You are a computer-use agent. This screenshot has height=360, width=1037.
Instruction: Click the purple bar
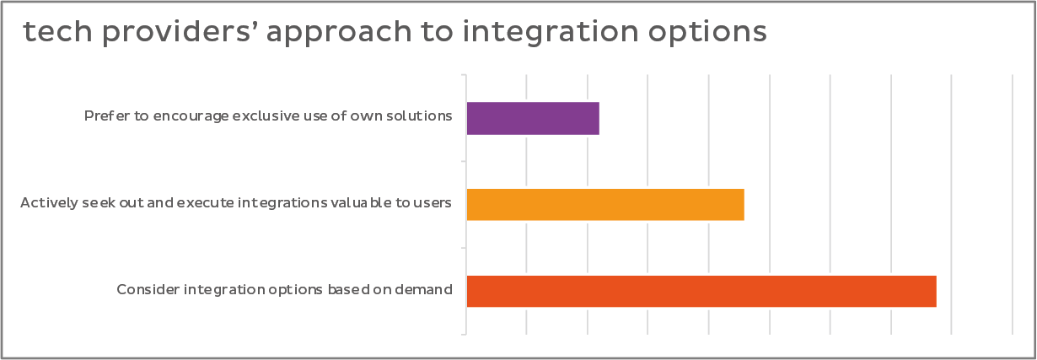[x=533, y=119]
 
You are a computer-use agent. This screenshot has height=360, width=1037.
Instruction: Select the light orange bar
[x=605, y=205]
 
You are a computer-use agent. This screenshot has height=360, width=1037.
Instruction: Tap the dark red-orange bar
[x=701, y=291]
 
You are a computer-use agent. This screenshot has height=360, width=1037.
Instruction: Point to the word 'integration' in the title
[x=551, y=32]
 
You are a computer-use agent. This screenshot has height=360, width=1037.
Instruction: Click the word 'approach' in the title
[x=339, y=32]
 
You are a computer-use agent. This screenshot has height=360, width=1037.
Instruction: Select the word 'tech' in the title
[x=58, y=31]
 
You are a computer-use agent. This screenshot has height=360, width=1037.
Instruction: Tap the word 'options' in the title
[x=707, y=32]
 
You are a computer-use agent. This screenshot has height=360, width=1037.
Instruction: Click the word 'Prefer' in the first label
[x=107, y=116]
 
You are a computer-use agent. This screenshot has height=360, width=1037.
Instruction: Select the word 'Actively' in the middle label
[x=49, y=203]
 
